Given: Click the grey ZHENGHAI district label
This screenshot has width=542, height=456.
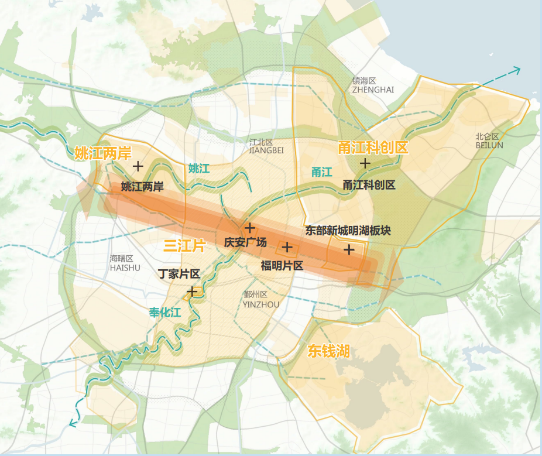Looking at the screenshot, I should tap(373, 85).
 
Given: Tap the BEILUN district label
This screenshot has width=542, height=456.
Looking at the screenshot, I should tap(489, 141).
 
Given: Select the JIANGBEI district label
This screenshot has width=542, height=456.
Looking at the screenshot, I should tap(266, 146).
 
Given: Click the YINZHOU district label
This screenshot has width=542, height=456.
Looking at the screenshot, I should tap(256, 300).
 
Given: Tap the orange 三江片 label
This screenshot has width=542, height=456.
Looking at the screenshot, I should tap(184, 246).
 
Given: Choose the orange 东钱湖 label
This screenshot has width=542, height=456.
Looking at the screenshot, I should tap(328, 351).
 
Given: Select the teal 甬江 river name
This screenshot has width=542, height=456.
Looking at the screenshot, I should tap(321, 172).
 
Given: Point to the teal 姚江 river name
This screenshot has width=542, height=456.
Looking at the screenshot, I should tap(198, 169).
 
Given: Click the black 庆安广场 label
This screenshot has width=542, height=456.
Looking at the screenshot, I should tap(245, 242).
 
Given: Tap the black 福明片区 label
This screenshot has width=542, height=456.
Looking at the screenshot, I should tap(282, 265).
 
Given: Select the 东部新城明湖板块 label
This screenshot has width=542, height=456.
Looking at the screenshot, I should tap(348, 231).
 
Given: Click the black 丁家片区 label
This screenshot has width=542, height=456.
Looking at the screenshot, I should tap(180, 274).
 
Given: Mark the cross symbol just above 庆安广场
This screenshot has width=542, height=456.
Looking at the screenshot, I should tap(250, 228).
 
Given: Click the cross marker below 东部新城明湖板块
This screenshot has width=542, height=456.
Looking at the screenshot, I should tap(349, 250).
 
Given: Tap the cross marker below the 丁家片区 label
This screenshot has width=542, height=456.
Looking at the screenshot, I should tap(191, 292).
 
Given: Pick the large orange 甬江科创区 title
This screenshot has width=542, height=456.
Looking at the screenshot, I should tap(373, 148).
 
